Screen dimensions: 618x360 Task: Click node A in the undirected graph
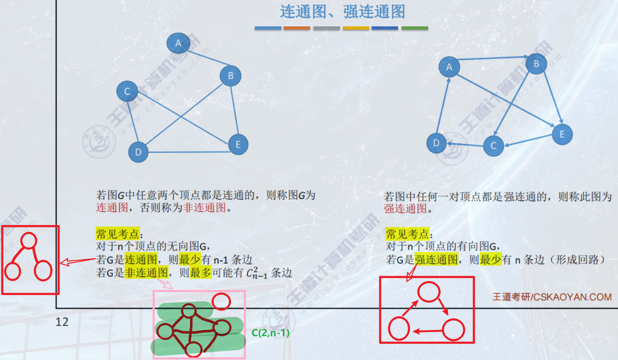tap(178, 43)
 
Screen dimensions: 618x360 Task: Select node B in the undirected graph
tap(230, 76)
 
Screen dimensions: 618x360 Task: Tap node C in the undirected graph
tap(127, 91)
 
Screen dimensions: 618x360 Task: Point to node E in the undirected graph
tap(238, 145)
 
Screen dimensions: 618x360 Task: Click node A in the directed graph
tap(449, 67)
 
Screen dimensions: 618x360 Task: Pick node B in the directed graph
tap(536, 64)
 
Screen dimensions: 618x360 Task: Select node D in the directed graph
tap(436, 143)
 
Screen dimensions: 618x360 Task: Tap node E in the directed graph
tap(562, 135)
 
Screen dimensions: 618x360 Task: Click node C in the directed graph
tap(493, 146)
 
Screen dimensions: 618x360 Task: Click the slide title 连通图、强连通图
tap(342, 12)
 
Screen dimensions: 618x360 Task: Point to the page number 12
tap(62, 322)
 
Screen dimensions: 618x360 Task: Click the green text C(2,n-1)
tap(271, 333)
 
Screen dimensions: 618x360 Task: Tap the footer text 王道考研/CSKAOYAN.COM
tap(552, 297)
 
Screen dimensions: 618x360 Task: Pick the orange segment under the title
tap(297, 28)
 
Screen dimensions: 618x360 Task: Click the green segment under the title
tap(414, 28)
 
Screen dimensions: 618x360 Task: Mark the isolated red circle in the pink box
tap(221, 301)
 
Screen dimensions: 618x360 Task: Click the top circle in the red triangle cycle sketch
tap(429, 292)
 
